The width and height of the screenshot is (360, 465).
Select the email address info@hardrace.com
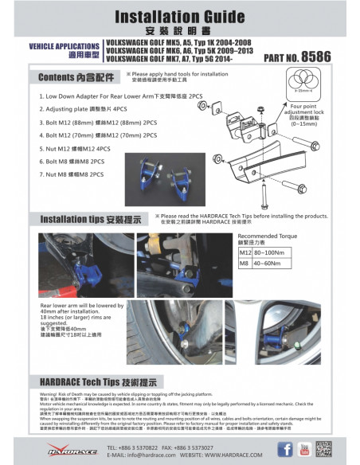(145, 455)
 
